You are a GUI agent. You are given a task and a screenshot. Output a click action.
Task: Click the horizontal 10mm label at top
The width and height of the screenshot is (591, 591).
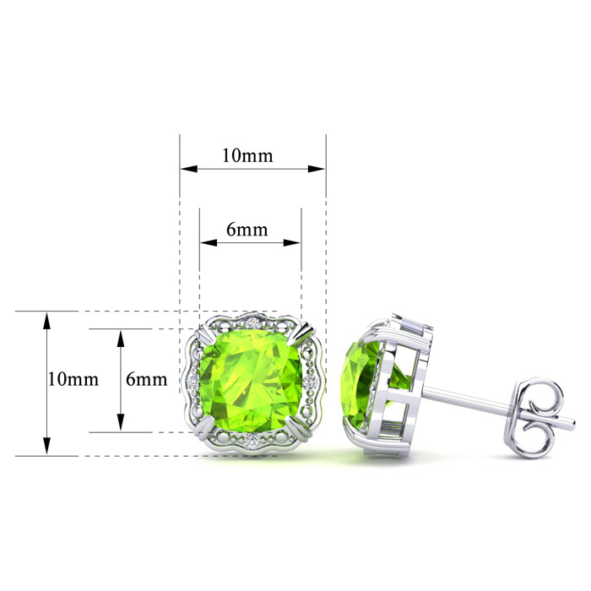coord(247,155)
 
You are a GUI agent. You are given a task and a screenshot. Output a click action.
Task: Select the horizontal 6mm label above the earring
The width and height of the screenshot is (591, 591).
coord(247,229)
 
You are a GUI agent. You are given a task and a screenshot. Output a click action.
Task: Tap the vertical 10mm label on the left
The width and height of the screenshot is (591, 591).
coord(73,379)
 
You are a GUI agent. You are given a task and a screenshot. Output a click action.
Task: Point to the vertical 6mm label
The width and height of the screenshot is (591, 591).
coord(147,379)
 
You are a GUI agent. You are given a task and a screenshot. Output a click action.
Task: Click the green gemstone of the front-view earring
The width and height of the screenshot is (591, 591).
coord(252,381)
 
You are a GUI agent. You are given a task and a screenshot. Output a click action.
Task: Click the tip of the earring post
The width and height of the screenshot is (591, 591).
coord(573,424)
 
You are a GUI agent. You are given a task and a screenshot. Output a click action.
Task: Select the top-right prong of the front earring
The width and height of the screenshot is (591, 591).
coord(305,332)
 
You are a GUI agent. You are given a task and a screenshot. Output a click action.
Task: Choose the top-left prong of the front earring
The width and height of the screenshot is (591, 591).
coord(203,333)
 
